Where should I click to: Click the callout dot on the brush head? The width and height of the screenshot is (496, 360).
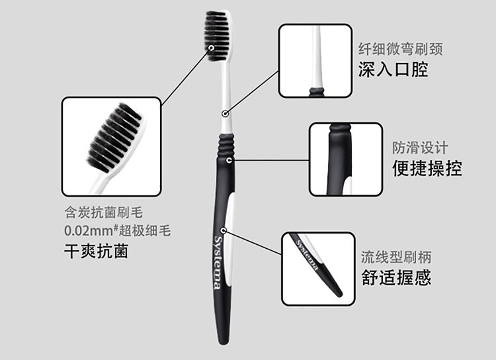point(211,48)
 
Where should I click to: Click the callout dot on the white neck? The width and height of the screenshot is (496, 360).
point(225,113)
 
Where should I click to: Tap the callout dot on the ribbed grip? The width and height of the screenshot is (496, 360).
point(229,161)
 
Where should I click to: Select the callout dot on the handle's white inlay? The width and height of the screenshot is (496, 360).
point(224,230)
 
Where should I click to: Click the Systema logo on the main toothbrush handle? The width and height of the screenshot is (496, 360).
point(218,263)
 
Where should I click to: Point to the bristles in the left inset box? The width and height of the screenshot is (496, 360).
point(115,137)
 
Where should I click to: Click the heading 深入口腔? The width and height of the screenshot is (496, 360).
point(393,69)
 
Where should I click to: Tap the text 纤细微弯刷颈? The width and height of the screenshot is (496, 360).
point(401,49)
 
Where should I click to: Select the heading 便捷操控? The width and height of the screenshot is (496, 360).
point(427,168)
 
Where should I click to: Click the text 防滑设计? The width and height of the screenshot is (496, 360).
point(420,148)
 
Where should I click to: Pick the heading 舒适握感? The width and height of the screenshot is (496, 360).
point(396,277)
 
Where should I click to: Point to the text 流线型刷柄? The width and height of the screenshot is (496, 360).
point(396,257)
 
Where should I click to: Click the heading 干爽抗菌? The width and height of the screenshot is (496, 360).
point(96,251)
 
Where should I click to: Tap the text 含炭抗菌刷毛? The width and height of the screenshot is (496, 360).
point(103,212)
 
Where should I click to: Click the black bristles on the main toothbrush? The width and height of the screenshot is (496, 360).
point(217,35)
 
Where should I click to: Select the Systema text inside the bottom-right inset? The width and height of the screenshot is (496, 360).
point(306,255)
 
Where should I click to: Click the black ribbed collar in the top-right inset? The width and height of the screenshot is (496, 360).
point(317,92)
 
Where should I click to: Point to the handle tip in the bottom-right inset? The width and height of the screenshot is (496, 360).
point(339,294)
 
